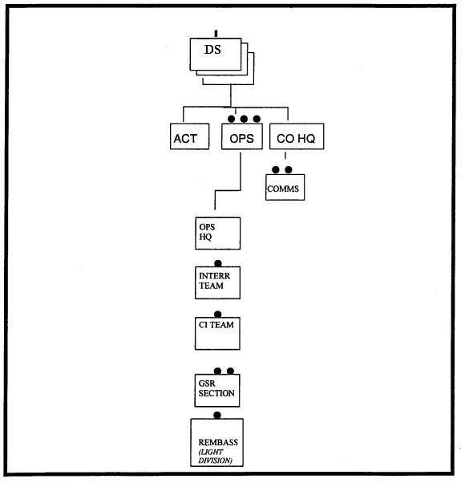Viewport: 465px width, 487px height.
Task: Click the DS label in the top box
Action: click(x=212, y=50)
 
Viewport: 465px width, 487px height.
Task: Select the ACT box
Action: click(x=190, y=136)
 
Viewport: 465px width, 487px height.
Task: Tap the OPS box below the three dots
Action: click(x=242, y=136)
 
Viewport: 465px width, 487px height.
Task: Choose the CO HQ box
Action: click(x=297, y=136)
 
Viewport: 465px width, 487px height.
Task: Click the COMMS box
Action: click(x=285, y=187)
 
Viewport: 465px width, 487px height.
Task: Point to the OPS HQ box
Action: click(x=217, y=233)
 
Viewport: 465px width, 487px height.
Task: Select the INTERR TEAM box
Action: click(x=217, y=282)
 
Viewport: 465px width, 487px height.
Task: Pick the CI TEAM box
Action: click(x=217, y=333)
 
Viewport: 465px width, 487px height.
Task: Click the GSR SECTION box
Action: click(x=217, y=391)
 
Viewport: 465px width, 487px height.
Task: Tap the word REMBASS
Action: click(x=218, y=442)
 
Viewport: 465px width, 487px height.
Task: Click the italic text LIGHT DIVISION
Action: click(x=215, y=457)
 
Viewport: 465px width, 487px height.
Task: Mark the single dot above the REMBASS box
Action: click(x=217, y=416)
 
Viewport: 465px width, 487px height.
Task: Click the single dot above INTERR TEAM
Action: click(x=218, y=263)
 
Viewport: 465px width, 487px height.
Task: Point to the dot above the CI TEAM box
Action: click(x=218, y=314)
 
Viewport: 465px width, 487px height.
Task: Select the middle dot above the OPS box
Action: click(x=244, y=119)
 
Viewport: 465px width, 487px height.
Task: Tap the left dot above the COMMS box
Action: click(x=275, y=169)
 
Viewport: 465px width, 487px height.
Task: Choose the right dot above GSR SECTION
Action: click(x=230, y=371)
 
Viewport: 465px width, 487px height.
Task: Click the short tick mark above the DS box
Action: click(x=216, y=34)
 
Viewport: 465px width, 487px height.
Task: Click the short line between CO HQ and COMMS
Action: click(x=285, y=156)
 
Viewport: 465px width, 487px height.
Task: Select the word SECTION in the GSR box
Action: click(x=216, y=393)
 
